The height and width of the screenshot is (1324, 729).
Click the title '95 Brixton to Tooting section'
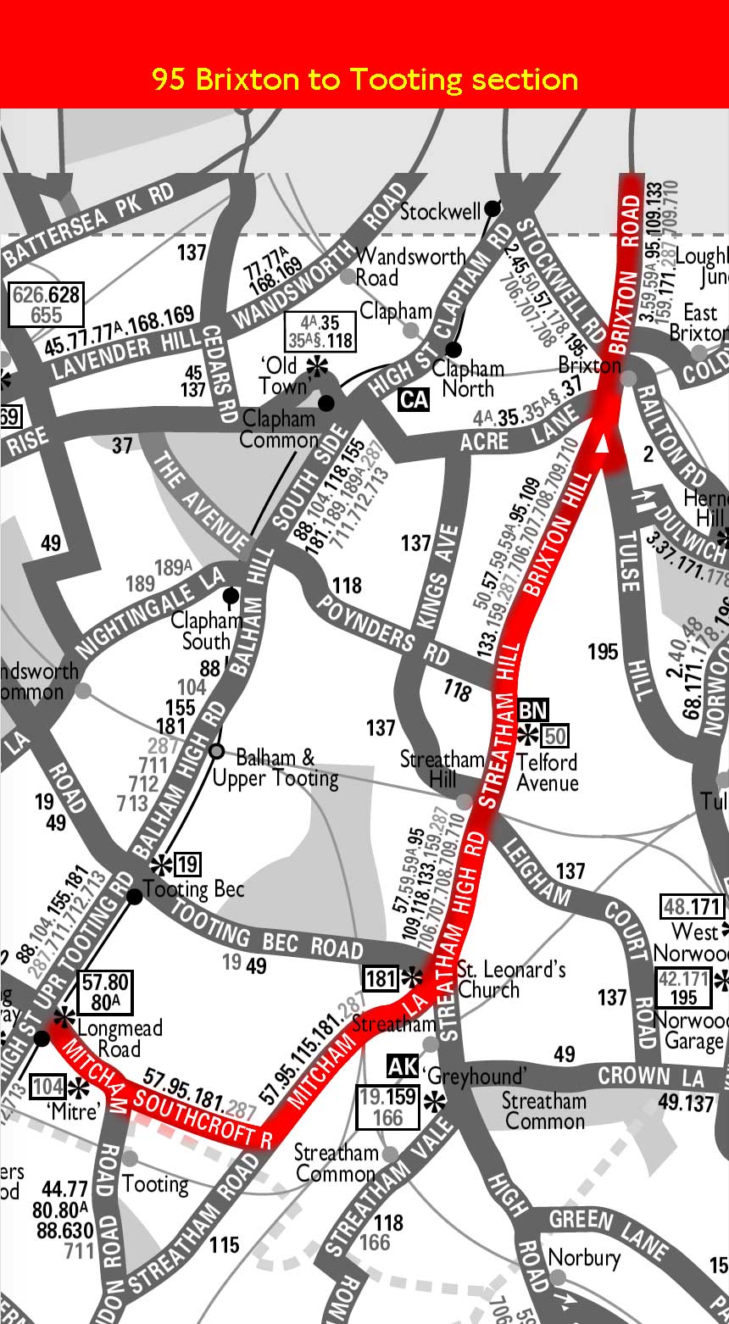point(364,80)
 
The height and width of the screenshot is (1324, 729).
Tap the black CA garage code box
point(414,398)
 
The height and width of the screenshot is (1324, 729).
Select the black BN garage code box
point(534,709)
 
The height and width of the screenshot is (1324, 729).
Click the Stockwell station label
point(441,211)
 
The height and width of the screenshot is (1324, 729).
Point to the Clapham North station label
point(468,379)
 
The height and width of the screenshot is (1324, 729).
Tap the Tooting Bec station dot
point(134,896)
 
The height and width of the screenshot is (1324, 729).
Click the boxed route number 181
point(381,979)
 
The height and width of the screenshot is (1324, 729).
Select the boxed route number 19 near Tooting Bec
point(188,865)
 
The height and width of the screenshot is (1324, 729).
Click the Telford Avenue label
point(547,771)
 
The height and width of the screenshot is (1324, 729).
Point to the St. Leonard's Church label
point(511,979)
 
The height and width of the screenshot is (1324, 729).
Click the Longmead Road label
point(119,1038)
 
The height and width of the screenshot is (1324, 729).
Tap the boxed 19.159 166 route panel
point(388,1106)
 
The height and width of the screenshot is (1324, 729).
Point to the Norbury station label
point(584,1258)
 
